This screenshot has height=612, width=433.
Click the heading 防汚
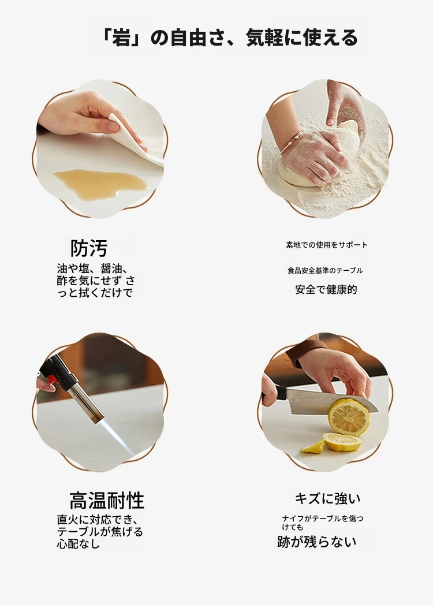point(89,248)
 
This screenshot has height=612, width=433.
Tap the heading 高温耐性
point(107,500)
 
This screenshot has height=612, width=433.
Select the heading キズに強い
point(327,498)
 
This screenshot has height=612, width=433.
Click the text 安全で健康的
point(326,290)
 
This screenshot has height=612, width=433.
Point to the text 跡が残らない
point(316,542)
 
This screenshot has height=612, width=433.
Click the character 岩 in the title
point(121,38)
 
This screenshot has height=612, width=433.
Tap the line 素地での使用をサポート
point(327,245)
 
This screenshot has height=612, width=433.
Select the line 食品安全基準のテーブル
point(325,270)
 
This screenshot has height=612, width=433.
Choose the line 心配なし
point(78,544)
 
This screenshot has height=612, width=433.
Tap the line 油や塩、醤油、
point(92,269)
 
